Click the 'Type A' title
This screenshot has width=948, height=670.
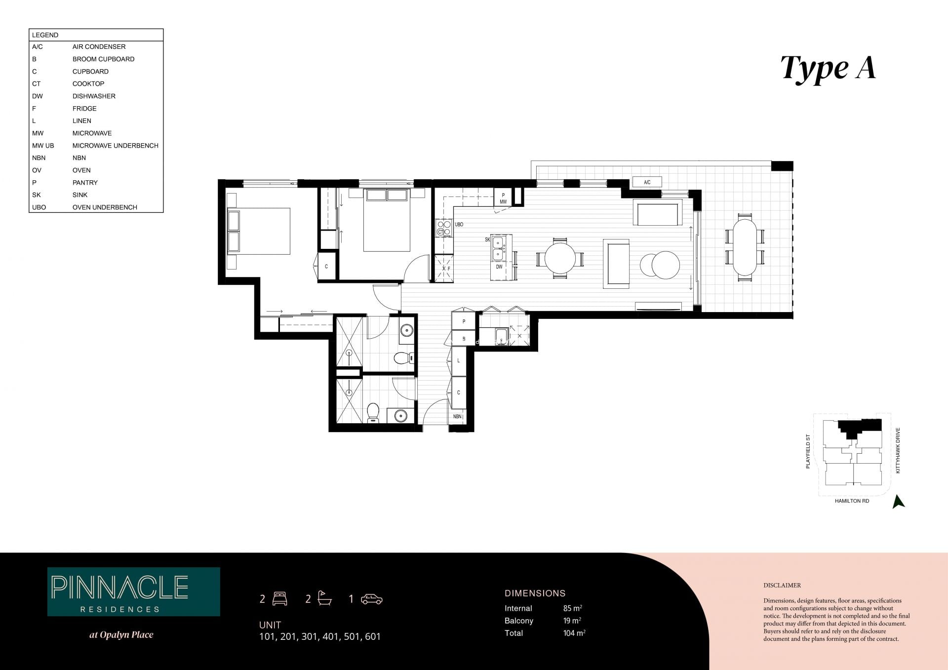click(828, 69)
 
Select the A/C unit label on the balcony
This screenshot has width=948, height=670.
click(647, 182)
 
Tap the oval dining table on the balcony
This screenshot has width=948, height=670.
click(745, 247)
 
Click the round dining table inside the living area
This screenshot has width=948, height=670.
click(560, 258)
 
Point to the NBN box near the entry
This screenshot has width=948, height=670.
click(457, 417)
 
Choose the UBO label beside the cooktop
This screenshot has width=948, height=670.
click(459, 225)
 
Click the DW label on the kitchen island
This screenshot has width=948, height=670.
click(499, 267)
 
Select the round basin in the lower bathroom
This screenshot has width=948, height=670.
click(400, 416)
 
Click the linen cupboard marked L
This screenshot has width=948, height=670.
click(459, 361)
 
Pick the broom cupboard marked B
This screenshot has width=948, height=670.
click(464, 339)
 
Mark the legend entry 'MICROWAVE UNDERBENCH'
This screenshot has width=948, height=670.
click(116, 146)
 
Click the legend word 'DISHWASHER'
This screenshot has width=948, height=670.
click(94, 96)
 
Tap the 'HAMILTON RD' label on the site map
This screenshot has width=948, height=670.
click(852, 501)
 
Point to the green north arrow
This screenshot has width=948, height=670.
click(899, 502)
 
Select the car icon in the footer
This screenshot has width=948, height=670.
click(371, 599)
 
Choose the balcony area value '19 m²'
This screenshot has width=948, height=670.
click(572, 621)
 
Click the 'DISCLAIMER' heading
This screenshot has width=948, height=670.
click(782, 586)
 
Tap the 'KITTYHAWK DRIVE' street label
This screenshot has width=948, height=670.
click(898, 451)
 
